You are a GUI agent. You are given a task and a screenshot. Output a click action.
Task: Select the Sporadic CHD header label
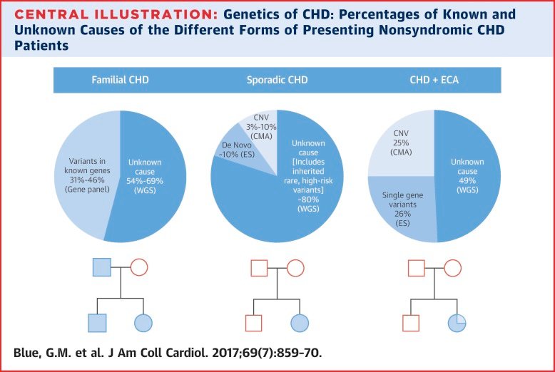277,80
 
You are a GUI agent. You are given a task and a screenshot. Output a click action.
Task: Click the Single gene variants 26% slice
402,207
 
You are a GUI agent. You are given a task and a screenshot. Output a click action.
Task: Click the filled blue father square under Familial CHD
103,268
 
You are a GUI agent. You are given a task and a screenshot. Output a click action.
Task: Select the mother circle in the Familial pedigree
139,268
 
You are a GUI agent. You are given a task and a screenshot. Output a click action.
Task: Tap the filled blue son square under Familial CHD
96,323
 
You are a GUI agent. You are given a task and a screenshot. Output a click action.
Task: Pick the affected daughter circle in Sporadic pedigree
300,323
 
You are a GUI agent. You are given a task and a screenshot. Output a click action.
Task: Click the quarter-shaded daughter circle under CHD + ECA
457,323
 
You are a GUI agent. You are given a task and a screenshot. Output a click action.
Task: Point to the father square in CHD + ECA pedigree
417,268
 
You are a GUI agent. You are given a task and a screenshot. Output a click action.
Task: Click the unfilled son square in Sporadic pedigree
254,323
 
